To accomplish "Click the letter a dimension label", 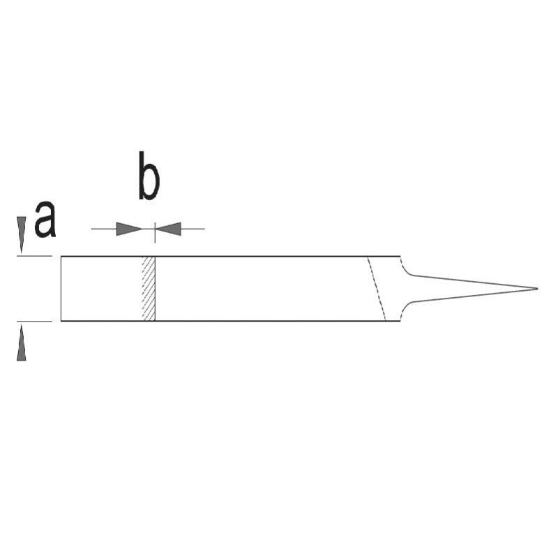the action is [x=45, y=219].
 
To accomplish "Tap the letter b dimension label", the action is [x=149, y=176].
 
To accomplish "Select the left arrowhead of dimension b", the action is [x=129, y=229].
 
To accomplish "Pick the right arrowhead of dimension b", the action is [x=168, y=229].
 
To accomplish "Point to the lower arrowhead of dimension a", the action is [x=22, y=342].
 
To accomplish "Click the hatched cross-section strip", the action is [x=149, y=289].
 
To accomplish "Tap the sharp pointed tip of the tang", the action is [x=537, y=289].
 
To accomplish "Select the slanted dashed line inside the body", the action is [x=377, y=289].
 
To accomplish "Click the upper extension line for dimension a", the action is [x=34, y=256].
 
